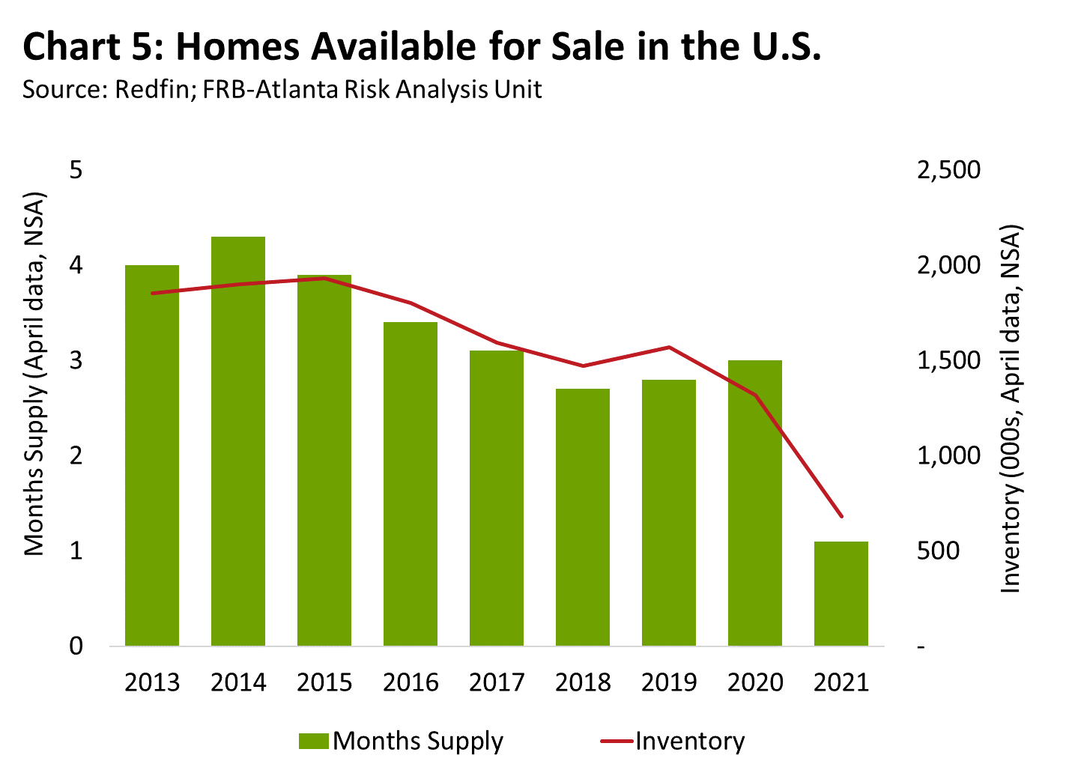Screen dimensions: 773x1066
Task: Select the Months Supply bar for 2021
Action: [x=841, y=593]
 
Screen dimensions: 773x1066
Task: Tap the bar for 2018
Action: [x=583, y=517]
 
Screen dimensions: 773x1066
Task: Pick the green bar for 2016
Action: [x=411, y=483]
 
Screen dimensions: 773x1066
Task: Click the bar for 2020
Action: [x=755, y=503]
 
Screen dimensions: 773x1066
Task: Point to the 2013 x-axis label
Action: [x=152, y=682]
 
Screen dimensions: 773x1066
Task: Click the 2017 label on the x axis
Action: [x=497, y=682]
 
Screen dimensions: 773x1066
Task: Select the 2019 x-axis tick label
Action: [x=669, y=682]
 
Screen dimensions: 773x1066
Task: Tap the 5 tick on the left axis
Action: [x=76, y=170]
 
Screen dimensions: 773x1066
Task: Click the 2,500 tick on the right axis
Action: [x=948, y=170]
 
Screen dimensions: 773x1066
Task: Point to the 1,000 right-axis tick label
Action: [x=948, y=455]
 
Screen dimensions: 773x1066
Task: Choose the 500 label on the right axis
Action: [x=937, y=551]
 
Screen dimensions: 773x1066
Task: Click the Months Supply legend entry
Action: [x=402, y=741]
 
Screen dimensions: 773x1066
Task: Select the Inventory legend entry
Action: [x=673, y=741]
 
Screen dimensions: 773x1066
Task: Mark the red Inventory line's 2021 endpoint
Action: [x=841, y=516]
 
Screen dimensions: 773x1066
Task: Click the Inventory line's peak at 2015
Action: [x=324, y=278]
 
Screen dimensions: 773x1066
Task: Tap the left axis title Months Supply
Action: [x=34, y=375]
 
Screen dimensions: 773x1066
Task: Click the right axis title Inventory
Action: [x=1011, y=408]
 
